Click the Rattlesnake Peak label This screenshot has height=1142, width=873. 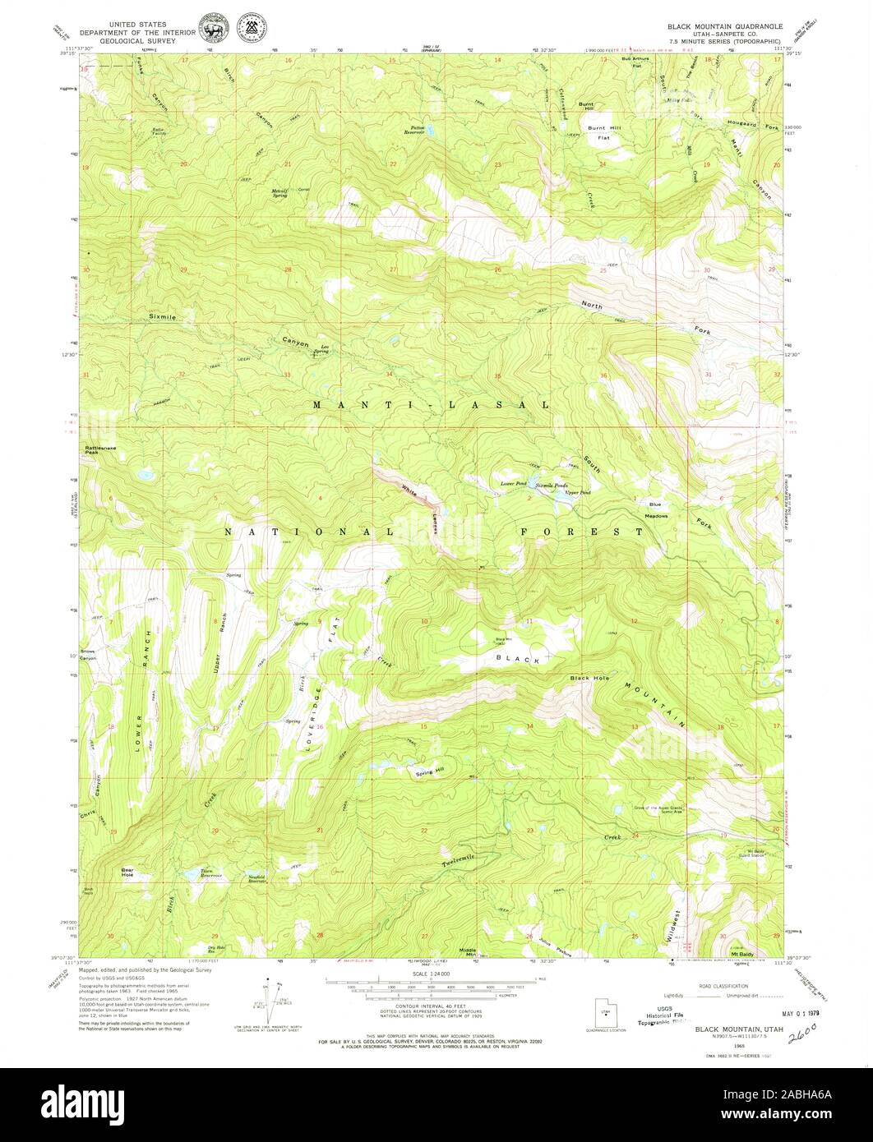pos(96,449)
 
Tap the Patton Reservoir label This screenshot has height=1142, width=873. pos(423,130)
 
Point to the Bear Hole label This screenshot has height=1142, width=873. pos(127,872)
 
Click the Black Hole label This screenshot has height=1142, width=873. pos(590,678)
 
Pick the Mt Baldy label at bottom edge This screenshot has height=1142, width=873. pos(742,954)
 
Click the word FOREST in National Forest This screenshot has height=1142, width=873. pos(582,532)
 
